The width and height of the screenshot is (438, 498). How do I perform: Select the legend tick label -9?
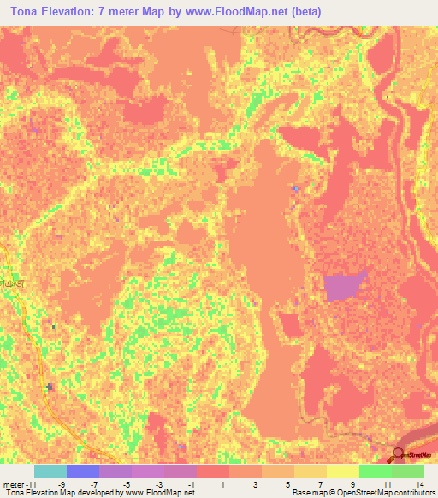tap(61, 485)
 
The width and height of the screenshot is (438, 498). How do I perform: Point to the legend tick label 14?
tap(419, 485)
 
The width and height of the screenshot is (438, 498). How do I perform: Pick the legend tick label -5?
tap(126, 485)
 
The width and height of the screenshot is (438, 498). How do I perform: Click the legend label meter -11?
tap(18, 485)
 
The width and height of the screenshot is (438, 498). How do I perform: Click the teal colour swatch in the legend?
tap(50, 471)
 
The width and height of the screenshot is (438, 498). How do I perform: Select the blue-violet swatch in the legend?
tap(83, 471)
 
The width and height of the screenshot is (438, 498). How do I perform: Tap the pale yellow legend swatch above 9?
tap(343, 471)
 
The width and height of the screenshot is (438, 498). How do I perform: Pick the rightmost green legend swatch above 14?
tap(408, 471)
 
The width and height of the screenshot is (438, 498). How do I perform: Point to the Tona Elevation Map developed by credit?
tap(98, 494)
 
